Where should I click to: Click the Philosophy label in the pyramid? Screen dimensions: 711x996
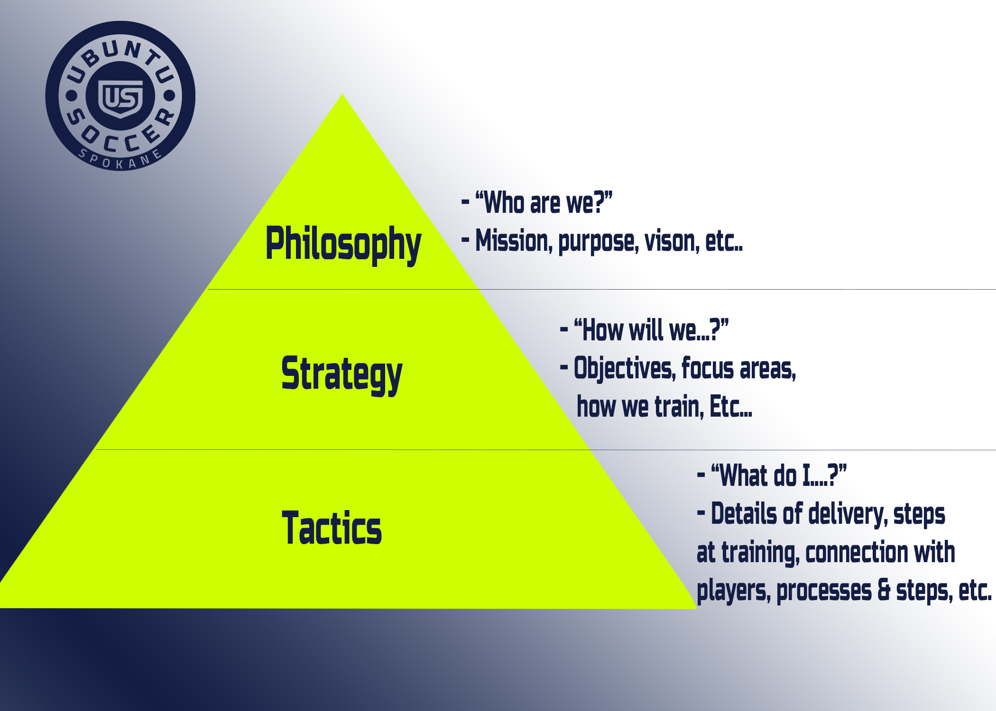click(343, 243)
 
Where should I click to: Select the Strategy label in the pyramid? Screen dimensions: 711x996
click(341, 374)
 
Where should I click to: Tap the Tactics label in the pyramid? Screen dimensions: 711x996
click(332, 528)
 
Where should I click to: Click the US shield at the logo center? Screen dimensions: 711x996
click(120, 98)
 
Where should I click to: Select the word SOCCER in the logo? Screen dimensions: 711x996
click(121, 135)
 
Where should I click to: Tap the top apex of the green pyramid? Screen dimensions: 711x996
click(342, 96)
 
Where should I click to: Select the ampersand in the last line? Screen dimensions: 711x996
click(884, 590)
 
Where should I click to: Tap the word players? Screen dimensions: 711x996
click(733, 591)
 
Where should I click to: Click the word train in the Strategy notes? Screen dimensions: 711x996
click(679, 407)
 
